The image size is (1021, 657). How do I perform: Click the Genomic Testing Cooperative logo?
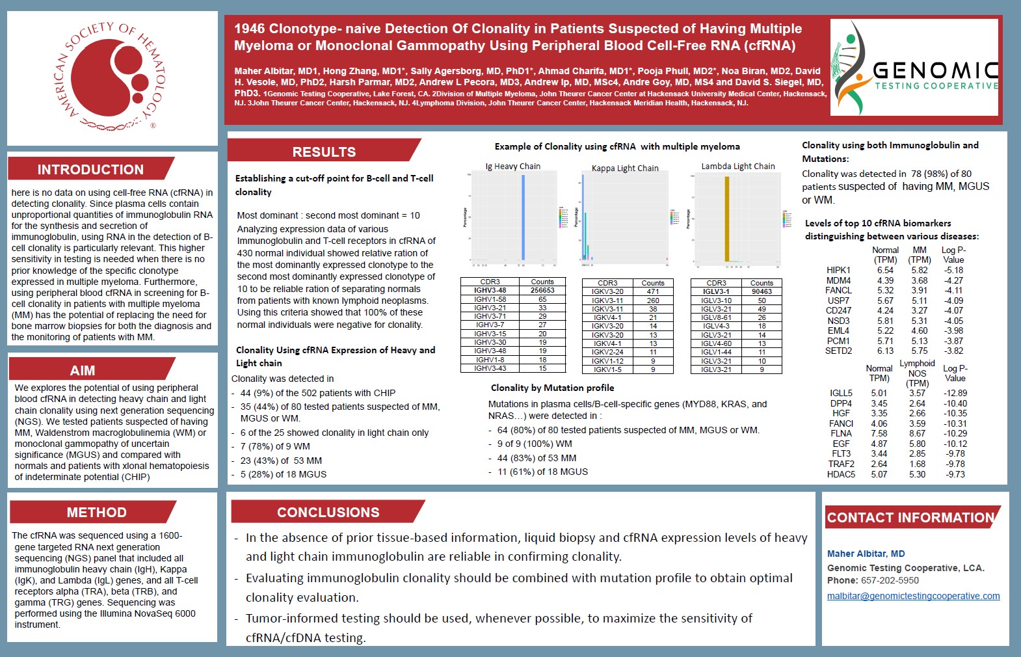click(914, 68)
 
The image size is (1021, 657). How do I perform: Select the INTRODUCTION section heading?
click(90, 170)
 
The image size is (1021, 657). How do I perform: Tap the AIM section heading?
click(83, 371)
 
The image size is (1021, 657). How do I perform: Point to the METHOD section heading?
click(96, 513)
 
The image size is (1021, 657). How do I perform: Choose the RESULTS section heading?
click(324, 152)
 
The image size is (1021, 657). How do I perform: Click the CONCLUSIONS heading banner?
click(328, 513)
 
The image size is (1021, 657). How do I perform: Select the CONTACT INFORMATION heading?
click(910, 518)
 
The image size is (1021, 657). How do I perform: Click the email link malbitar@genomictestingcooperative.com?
click(913, 596)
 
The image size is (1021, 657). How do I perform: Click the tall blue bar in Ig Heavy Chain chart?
click(523, 217)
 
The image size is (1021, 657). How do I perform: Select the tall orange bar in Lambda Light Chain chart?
click(727, 219)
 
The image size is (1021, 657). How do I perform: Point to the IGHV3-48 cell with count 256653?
click(490, 291)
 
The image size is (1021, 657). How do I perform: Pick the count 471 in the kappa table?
click(653, 292)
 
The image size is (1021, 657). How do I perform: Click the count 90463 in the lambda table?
click(762, 292)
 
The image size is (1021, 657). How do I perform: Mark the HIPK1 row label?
click(838, 270)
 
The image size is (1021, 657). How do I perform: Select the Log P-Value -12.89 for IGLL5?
click(955, 393)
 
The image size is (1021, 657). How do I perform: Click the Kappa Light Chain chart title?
click(625, 168)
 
